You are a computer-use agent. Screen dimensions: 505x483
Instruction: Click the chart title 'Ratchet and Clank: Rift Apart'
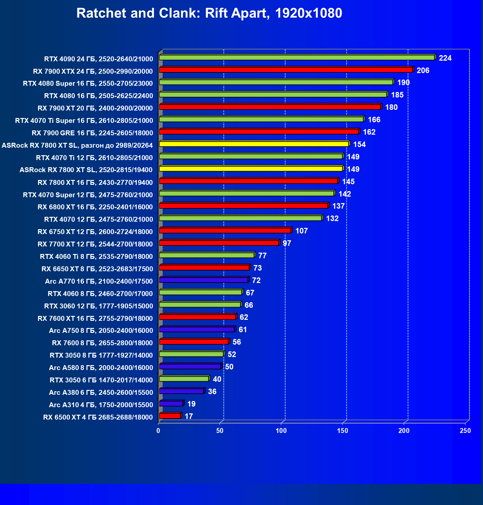pyautogui.click(x=209, y=13)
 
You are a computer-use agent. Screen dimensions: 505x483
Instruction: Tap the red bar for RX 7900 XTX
pyautogui.click(x=286, y=70)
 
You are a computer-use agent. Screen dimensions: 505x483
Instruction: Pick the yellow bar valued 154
pyautogui.click(x=254, y=144)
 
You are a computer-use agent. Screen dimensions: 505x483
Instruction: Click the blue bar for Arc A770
pyautogui.click(x=203, y=280)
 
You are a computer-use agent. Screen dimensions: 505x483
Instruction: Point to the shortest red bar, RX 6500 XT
pyautogui.click(x=170, y=416)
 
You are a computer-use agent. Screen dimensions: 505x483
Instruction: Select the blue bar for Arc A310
pyautogui.click(x=171, y=404)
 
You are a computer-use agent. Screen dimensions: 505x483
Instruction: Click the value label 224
pyautogui.click(x=445, y=58)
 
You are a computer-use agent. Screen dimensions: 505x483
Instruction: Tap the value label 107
pyautogui.click(x=301, y=231)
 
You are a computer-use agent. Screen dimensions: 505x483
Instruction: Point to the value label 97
pyautogui.click(x=287, y=243)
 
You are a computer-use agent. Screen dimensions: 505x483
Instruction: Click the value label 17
pyautogui.click(x=188, y=416)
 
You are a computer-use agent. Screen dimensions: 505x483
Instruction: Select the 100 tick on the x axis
pyautogui.click(x=281, y=431)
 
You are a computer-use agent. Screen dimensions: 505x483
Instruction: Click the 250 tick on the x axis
pyautogui.click(x=465, y=431)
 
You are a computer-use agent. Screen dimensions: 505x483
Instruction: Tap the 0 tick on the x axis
pyautogui.click(x=158, y=431)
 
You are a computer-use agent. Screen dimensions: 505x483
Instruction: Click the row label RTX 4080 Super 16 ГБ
pyautogui.click(x=88, y=83)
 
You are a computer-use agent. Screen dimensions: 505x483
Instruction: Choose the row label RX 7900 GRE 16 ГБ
pyautogui.click(x=92, y=133)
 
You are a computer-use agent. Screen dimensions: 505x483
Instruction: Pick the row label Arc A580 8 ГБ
pyautogui.click(x=101, y=368)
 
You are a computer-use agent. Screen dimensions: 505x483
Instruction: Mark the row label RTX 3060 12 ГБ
pyautogui.click(x=99, y=306)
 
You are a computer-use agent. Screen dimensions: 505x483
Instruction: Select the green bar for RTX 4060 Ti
pyautogui.click(x=207, y=255)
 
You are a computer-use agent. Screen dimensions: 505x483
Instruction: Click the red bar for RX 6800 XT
pyautogui.click(x=244, y=206)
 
